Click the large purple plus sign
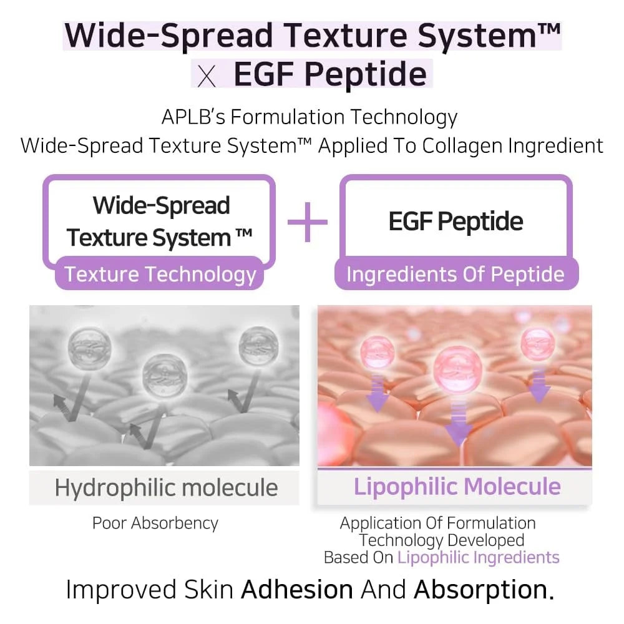click(307, 221)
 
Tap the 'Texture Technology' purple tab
click(160, 275)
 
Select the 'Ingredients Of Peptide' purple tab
click(456, 275)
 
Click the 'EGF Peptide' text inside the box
click(456, 221)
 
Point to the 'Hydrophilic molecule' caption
click(166, 487)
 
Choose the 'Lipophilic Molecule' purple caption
click(457, 487)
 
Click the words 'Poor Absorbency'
click(155, 523)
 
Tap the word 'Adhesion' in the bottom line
click(297, 589)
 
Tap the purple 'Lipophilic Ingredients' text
click(478, 557)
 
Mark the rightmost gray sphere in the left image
click(256, 344)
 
